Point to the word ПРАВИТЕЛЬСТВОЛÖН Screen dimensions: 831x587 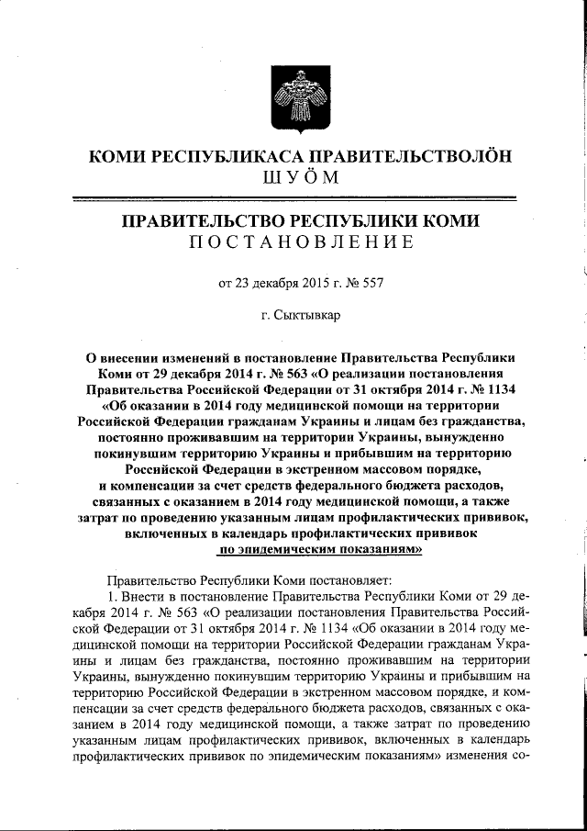point(409,155)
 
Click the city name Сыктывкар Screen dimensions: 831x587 point(308,315)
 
